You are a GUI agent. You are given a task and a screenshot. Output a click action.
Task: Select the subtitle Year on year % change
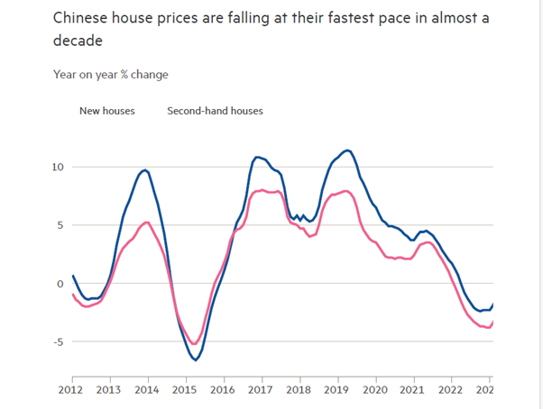click(x=110, y=75)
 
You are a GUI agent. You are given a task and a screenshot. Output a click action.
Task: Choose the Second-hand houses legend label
click(x=215, y=112)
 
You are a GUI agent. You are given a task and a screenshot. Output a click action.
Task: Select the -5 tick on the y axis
click(x=57, y=341)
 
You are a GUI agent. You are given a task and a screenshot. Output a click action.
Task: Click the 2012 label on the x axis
click(x=73, y=390)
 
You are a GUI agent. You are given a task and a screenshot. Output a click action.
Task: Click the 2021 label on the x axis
click(x=412, y=390)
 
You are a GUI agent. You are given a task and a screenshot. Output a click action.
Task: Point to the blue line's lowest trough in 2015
click(x=195, y=360)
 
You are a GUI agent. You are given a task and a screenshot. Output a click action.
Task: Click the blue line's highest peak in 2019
click(x=347, y=150)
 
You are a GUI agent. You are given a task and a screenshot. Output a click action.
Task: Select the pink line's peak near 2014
click(x=147, y=222)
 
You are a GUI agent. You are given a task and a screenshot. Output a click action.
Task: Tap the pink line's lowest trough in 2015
click(x=192, y=344)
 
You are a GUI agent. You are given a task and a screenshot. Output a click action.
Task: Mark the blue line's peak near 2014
click(x=145, y=169)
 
